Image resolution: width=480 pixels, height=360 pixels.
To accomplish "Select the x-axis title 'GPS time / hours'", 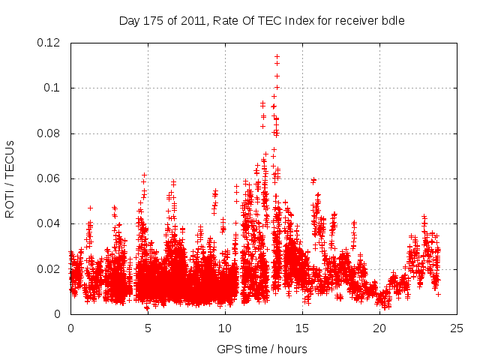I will tap(262, 349).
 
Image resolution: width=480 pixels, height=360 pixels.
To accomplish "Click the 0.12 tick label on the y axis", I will tap(50, 43).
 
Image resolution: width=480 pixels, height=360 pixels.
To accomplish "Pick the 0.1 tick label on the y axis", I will tap(54, 88).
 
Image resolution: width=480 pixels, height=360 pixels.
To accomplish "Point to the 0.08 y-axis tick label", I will tap(50, 133).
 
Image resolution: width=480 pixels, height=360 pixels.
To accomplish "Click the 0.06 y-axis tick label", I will tap(50, 178).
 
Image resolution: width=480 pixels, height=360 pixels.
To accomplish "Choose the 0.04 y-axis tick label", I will tap(50, 223).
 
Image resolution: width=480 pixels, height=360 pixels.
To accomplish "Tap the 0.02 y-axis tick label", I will tap(50, 268).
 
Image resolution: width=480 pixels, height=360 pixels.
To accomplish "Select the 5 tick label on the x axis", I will tap(148, 328).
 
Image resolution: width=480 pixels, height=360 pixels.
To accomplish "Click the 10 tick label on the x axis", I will tap(225, 328).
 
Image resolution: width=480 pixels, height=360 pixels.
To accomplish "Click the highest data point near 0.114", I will tap(277, 56).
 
